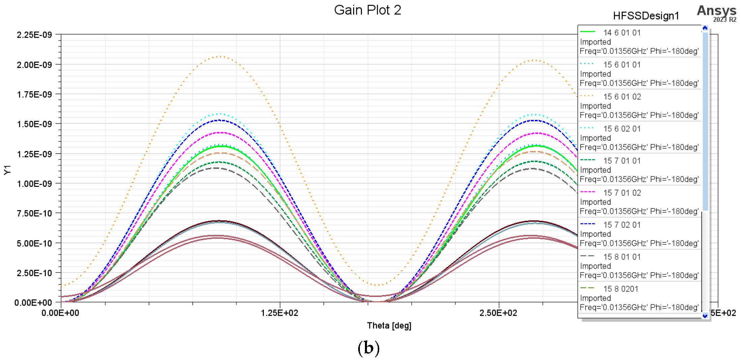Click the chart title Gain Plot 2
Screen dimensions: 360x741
(x=367, y=10)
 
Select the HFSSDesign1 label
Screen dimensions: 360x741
(x=646, y=16)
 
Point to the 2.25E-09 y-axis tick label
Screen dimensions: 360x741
(x=34, y=35)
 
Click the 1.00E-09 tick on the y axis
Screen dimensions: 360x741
(x=34, y=184)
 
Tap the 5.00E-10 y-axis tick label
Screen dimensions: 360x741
(x=34, y=243)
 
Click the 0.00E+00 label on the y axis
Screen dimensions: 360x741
(x=33, y=303)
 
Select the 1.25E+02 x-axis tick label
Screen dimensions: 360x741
(x=279, y=313)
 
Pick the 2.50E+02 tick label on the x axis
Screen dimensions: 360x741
(x=498, y=313)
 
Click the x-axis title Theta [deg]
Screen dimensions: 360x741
(x=389, y=326)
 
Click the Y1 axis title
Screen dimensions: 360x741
(x=7, y=170)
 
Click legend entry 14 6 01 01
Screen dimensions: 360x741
(x=622, y=33)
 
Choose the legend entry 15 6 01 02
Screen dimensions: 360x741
(x=622, y=97)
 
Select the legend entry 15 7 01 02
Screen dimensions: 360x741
(x=622, y=193)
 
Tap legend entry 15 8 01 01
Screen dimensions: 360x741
(x=622, y=257)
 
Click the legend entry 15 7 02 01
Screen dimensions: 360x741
(x=622, y=225)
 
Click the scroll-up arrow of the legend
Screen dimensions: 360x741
(x=705, y=28)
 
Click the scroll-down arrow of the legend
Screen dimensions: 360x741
(x=705, y=316)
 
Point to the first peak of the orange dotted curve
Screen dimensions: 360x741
(x=220, y=57)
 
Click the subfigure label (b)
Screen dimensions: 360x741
(x=368, y=348)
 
